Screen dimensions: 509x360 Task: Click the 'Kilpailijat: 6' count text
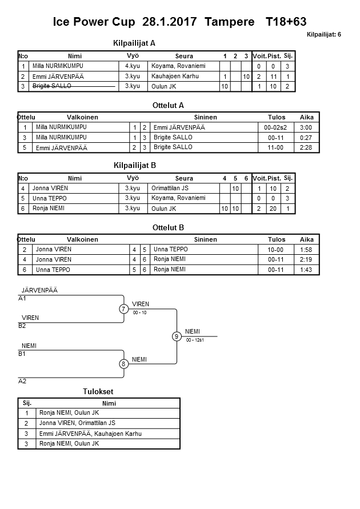(x=323, y=35)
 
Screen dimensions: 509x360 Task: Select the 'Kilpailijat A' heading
(x=135, y=43)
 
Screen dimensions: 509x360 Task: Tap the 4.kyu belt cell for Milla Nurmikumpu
(x=133, y=66)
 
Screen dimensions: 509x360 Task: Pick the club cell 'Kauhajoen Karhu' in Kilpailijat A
(x=172, y=76)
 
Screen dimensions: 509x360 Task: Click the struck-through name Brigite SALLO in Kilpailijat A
(x=52, y=86)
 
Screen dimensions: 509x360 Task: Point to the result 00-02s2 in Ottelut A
(x=277, y=127)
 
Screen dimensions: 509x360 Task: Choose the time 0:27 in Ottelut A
(x=306, y=138)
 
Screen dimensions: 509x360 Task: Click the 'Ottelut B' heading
(x=168, y=227)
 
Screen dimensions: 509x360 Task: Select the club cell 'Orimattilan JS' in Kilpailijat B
(x=170, y=188)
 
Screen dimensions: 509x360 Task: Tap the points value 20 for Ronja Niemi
(x=274, y=209)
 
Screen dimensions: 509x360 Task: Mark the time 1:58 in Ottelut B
(x=306, y=250)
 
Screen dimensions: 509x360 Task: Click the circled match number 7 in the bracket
(x=123, y=309)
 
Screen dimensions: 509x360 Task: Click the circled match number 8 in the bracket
(x=123, y=363)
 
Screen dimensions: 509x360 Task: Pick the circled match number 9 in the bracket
(x=177, y=336)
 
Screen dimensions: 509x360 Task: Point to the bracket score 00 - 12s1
(x=196, y=340)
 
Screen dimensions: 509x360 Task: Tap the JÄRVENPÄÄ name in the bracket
(x=39, y=290)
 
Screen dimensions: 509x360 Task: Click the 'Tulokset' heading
(x=98, y=391)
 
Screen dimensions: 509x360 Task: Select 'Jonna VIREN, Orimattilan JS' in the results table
(x=77, y=423)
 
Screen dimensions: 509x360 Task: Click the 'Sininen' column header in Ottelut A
(x=205, y=117)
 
